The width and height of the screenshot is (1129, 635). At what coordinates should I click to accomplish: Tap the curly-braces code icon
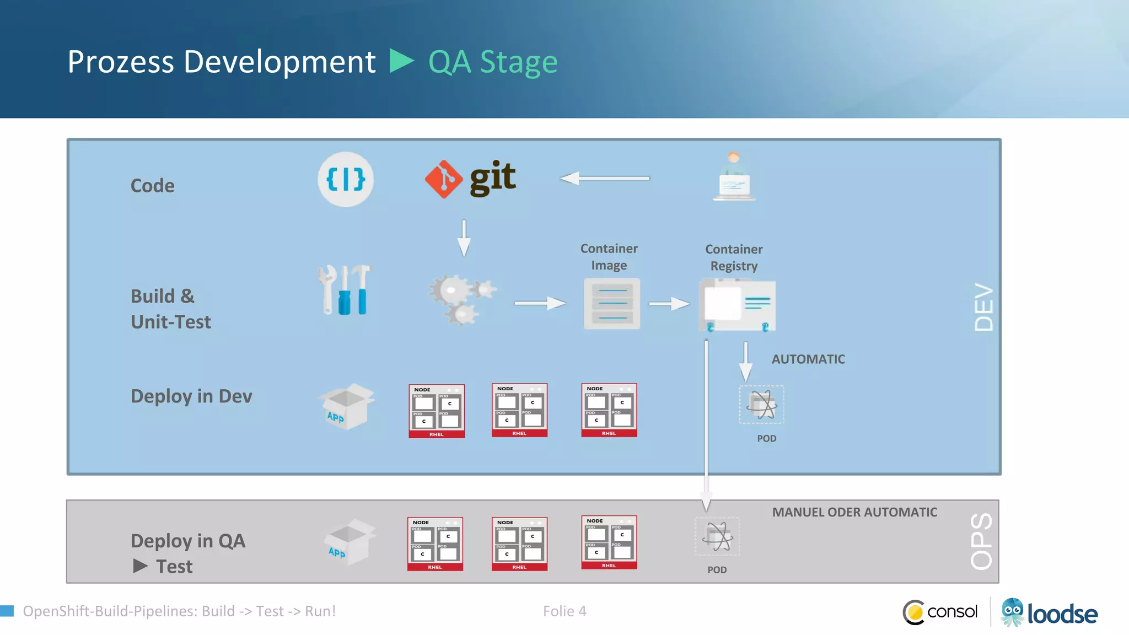(x=346, y=180)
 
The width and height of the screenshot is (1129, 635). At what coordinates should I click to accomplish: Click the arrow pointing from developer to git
(x=605, y=179)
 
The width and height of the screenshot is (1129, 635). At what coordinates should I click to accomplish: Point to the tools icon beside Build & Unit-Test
(x=345, y=290)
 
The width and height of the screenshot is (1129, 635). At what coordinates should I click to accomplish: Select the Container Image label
(x=609, y=257)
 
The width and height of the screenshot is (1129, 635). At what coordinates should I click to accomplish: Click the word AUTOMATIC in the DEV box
(x=808, y=359)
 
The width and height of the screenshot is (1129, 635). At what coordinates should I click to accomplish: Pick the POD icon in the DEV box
(x=761, y=405)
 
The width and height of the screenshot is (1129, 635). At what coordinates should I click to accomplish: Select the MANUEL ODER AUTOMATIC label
(x=854, y=512)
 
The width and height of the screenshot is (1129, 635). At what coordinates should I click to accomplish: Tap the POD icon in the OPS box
(x=717, y=536)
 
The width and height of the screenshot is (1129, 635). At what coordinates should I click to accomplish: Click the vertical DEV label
(x=983, y=308)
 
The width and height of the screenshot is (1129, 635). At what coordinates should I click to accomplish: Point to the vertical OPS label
(x=981, y=541)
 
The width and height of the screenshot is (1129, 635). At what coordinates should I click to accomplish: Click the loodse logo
(x=1050, y=612)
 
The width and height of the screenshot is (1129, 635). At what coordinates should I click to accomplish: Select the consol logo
(x=940, y=612)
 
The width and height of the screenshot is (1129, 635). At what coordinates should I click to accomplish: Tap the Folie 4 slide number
(x=564, y=611)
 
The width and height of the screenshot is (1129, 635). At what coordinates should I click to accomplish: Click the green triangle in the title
(x=401, y=61)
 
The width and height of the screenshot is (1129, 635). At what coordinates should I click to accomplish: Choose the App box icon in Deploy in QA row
(x=350, y=541)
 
